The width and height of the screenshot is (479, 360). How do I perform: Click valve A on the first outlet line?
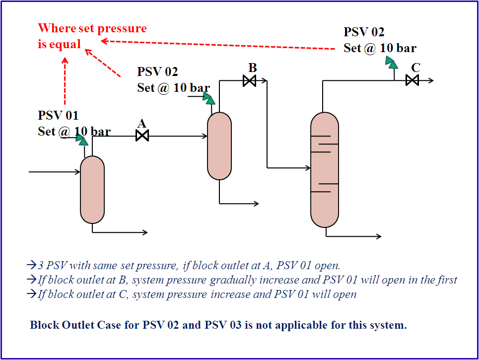point(142,136)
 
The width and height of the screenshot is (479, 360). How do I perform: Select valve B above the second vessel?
point(249,80)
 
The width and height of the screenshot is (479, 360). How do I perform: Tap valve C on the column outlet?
point(412,80)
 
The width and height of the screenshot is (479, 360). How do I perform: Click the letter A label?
point(142,123)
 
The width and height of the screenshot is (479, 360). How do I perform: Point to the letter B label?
point(252,68)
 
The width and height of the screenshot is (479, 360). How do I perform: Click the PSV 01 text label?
point(58,116)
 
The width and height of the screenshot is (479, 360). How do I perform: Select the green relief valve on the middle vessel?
point(209,99)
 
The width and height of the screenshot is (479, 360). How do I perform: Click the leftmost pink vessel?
point(92,190)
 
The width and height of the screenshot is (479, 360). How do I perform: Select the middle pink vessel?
point(219,145)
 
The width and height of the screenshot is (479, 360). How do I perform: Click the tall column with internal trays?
point(324,169)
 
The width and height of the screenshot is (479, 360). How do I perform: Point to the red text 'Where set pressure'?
point(92,28)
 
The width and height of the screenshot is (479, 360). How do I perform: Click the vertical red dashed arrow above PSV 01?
point(65,82)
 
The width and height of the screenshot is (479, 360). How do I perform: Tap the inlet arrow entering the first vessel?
point(55,172)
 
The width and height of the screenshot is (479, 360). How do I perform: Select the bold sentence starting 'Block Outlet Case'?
point(218,326)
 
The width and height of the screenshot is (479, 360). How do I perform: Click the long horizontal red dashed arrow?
point(218,45)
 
